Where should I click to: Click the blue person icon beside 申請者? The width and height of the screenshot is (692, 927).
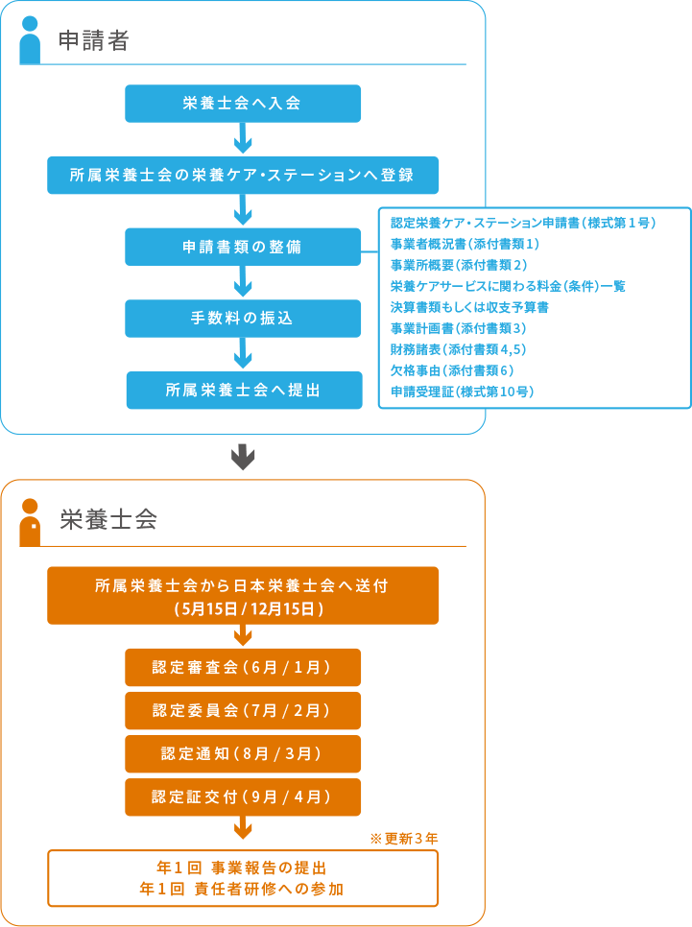(30, 40)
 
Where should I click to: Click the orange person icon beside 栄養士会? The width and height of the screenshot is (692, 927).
(30, 522)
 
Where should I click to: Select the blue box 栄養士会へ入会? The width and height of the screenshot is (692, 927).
(243, 104)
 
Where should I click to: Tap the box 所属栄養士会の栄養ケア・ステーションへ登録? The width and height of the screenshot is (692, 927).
(243, 175)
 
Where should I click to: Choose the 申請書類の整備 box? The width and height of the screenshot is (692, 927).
(243, 247)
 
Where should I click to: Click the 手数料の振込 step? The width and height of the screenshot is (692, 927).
(243, 319)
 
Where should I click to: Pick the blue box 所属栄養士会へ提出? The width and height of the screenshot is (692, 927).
(244, 391)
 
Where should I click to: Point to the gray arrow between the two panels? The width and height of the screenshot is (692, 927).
(244, 457)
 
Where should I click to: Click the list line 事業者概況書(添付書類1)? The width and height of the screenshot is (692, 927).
(465, 244)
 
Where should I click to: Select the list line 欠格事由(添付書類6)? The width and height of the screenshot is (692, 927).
(452, 370)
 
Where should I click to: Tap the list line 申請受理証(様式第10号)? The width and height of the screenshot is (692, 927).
(462, 392)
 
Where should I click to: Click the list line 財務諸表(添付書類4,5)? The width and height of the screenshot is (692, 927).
(458, 349)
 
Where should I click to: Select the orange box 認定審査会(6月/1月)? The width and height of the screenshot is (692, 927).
(243, 667)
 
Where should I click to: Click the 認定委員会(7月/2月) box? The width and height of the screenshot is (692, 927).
(243, 710)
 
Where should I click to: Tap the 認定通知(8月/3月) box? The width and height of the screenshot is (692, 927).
(243, 754)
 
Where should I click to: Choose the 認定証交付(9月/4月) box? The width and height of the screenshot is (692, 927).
(243, 797)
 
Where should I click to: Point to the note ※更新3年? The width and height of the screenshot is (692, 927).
(403, 839)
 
